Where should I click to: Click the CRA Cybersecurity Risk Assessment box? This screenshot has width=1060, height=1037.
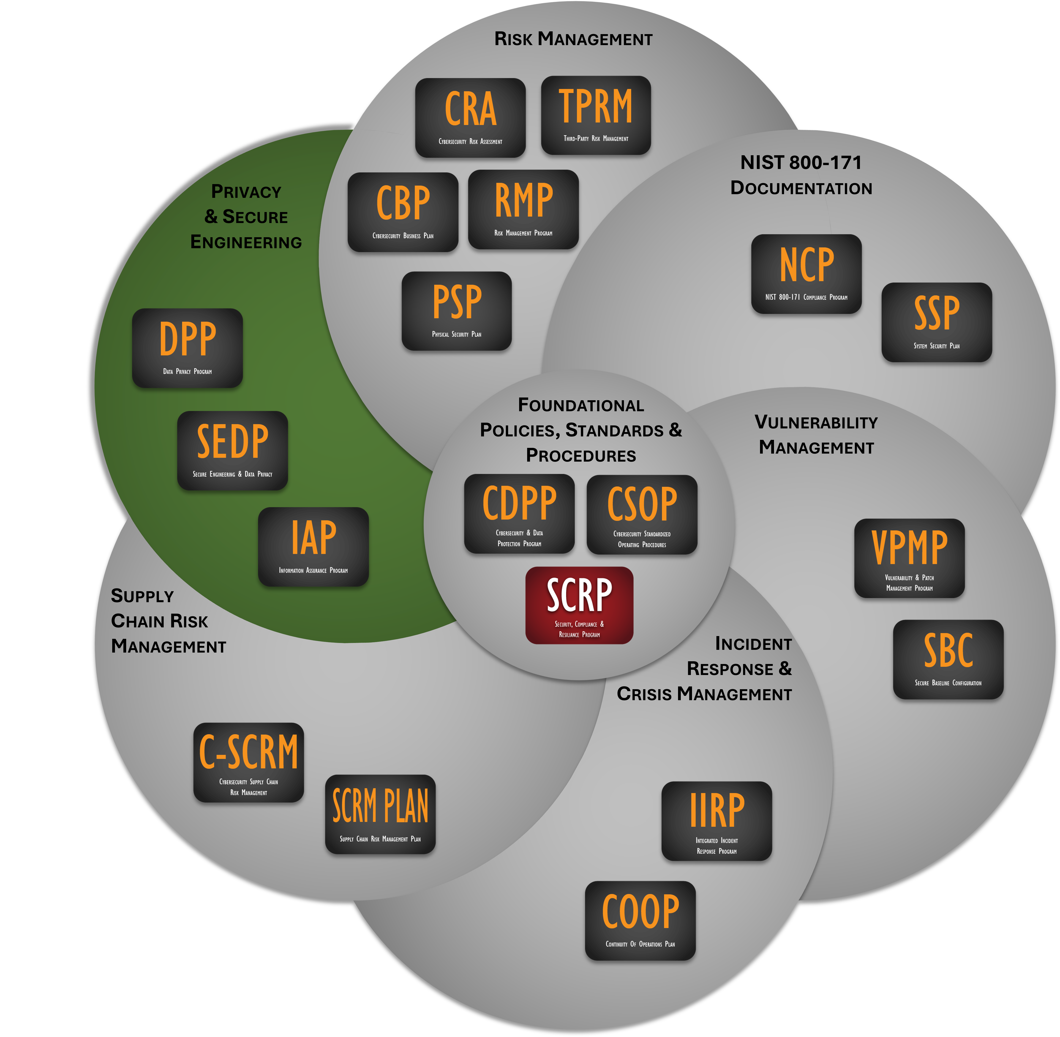pos(470,118)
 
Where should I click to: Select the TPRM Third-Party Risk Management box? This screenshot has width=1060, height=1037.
pos(596,115)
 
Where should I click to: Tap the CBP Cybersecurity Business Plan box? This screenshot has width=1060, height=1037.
pos(403,212)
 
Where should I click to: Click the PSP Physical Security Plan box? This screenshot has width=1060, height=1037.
pos(456,311)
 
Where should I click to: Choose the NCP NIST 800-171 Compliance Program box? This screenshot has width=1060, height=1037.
pos(806,274)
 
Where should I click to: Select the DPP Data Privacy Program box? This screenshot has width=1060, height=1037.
pos(187,348)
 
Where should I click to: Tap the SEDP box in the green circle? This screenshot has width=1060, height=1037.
pos(233,450)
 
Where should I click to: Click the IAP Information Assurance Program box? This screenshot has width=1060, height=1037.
pos(313,547)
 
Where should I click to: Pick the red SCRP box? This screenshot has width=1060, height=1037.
pos(579,605)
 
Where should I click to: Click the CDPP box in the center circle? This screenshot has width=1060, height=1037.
pos(519,514)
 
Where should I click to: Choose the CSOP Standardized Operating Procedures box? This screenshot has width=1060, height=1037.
pos(642,515)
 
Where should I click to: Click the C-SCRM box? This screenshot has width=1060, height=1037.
pos(248,762)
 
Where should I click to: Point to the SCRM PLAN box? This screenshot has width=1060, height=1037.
pos(380,814)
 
